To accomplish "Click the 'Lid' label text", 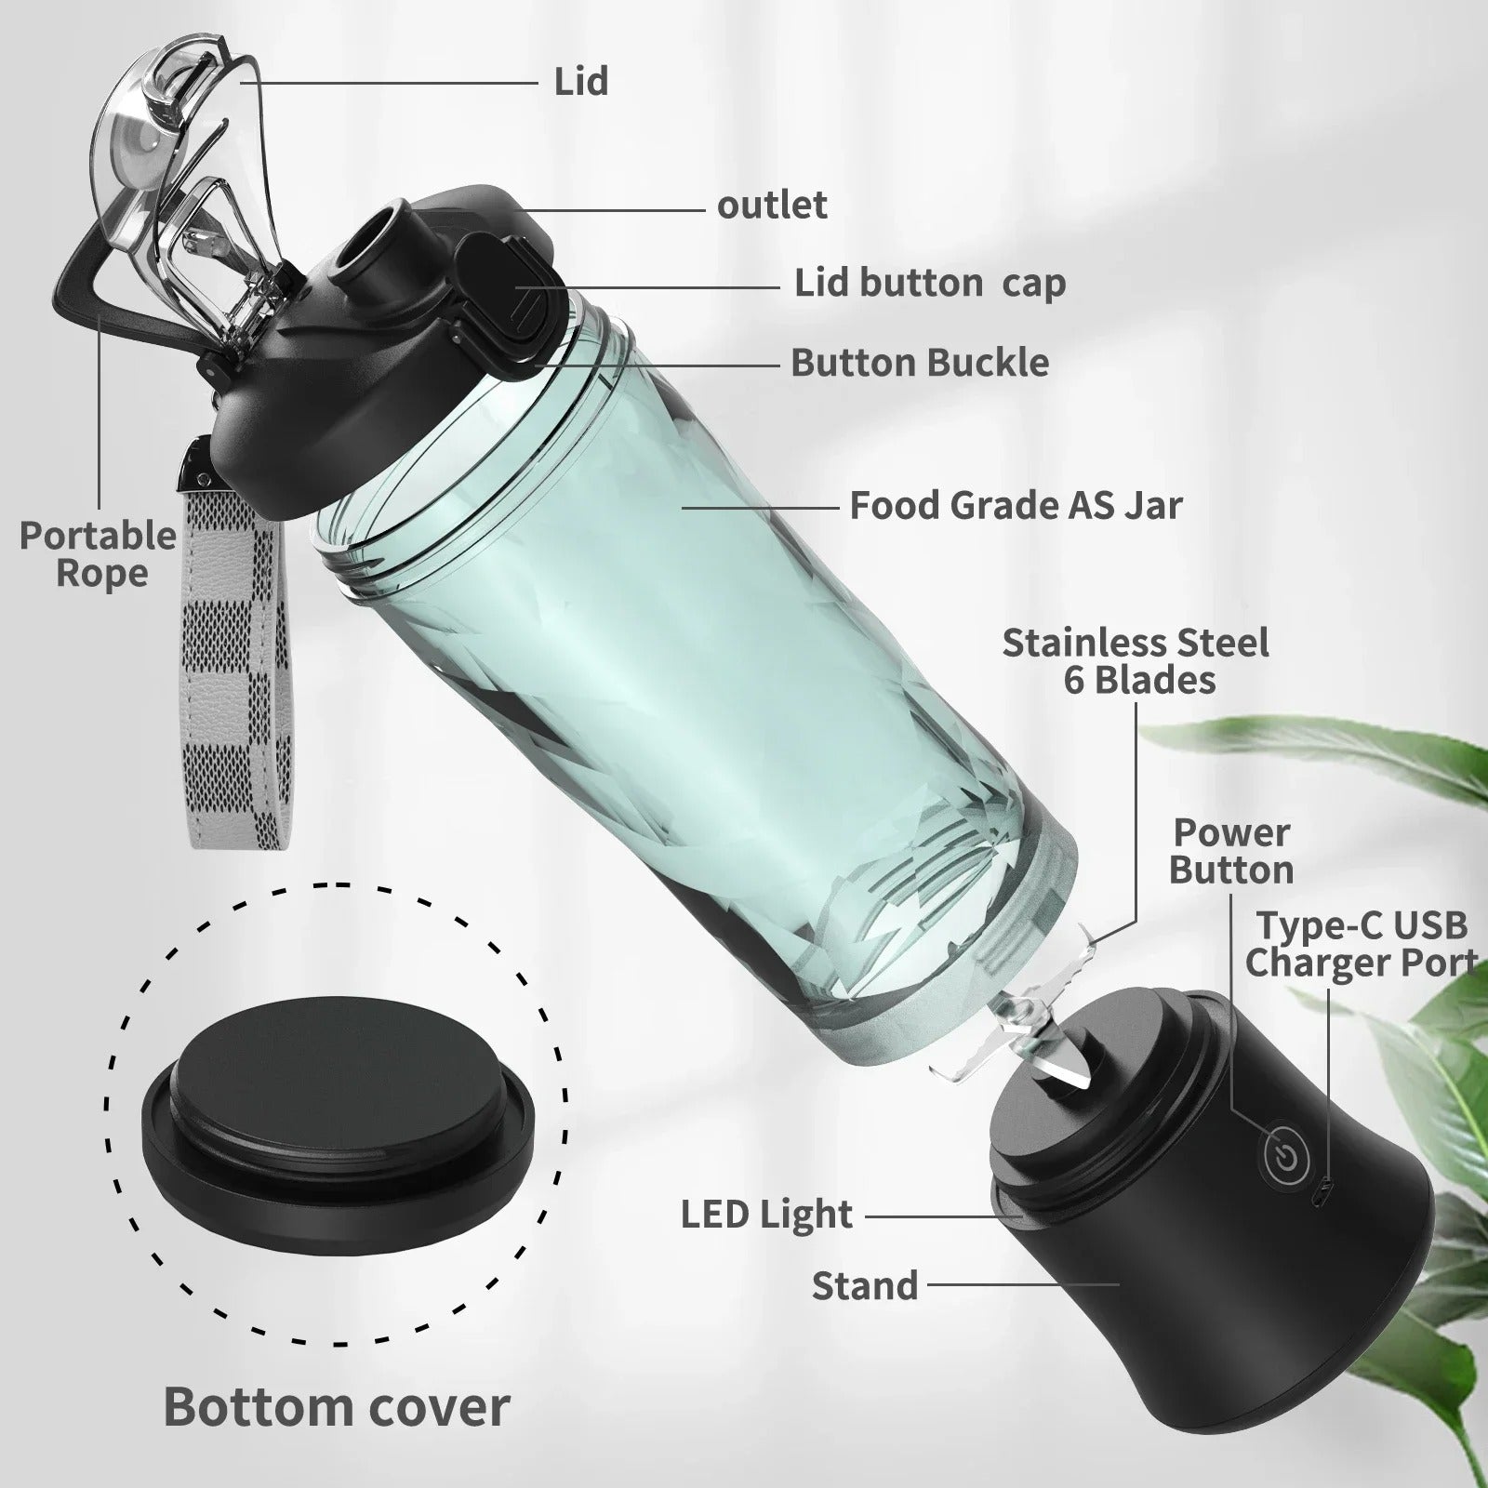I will [581, 82].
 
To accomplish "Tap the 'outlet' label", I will [772, 206].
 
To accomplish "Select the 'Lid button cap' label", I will [929, 284].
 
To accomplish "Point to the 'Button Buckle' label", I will [920, 363].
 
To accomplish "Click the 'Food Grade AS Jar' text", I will [1016, 506].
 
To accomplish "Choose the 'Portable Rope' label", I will [99, 554].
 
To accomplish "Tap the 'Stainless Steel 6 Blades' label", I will [1136, 661].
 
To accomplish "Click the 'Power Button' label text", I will [1230, 852].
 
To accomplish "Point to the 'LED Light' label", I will [766, 1215].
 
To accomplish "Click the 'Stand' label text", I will [865, 1286].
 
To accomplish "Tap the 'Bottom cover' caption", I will [337, 1406].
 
